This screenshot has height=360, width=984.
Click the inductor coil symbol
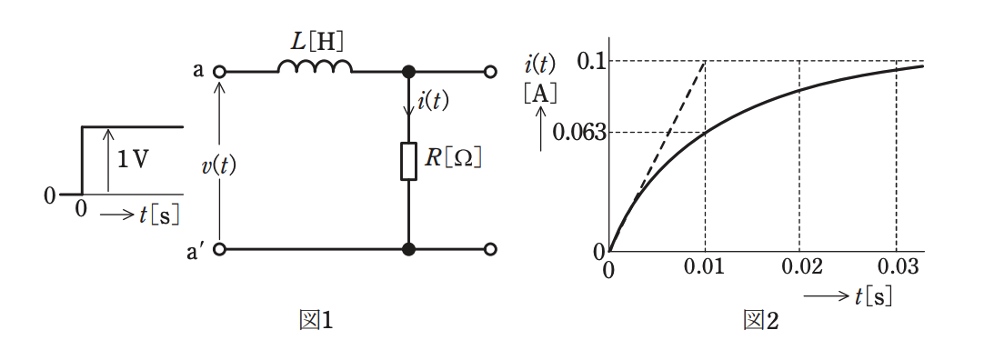tap(315, 65)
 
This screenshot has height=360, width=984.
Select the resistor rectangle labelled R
tap(408, 161)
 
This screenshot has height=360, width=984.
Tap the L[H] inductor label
tap(318, 43)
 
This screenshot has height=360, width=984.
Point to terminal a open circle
tap(220, 72)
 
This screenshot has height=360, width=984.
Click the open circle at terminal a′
tap(220, 250)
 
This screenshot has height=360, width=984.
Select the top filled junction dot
tap(408, 72)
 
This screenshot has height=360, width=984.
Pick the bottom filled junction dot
tap(408, 250)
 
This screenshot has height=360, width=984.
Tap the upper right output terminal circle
tap(491, 72)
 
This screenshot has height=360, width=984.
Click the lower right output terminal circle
tap(491, 250)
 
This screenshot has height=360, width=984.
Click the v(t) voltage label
tap(219, 165)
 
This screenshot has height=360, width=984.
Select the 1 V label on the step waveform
tap(134, 161)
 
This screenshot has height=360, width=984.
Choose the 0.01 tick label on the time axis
tap(706, 268)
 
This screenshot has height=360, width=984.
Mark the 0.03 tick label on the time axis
tap(896, 268)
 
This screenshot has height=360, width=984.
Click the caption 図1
tap(316, 321)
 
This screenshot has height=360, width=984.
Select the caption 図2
tap(760, 321)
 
